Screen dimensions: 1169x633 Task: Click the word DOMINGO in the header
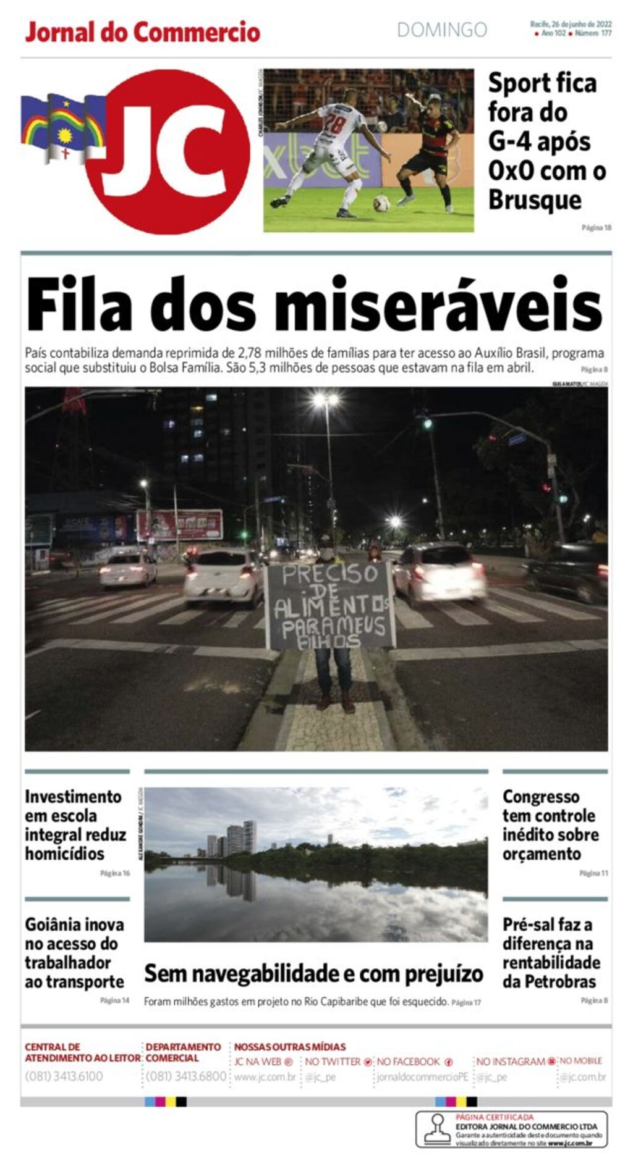pos(441,30)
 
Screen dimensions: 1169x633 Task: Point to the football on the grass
pos(381,203)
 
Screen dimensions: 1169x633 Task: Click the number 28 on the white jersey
pos(336,122)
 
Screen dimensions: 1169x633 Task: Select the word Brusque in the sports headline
pos(535,200)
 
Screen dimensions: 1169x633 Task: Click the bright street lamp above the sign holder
pos(326,401)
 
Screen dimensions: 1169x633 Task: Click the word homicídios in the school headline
pos(64,853)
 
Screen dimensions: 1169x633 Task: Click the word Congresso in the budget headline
pos(541,797)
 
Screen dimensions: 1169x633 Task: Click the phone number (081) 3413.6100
pos(64,1076)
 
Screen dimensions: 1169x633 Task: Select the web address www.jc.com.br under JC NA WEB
pos(265,1077)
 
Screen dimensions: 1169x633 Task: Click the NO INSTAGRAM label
pos(511,1062)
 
